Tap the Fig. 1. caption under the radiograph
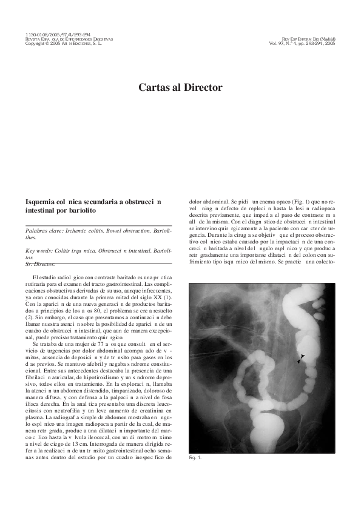195,458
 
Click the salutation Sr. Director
40,263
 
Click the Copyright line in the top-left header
63,44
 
